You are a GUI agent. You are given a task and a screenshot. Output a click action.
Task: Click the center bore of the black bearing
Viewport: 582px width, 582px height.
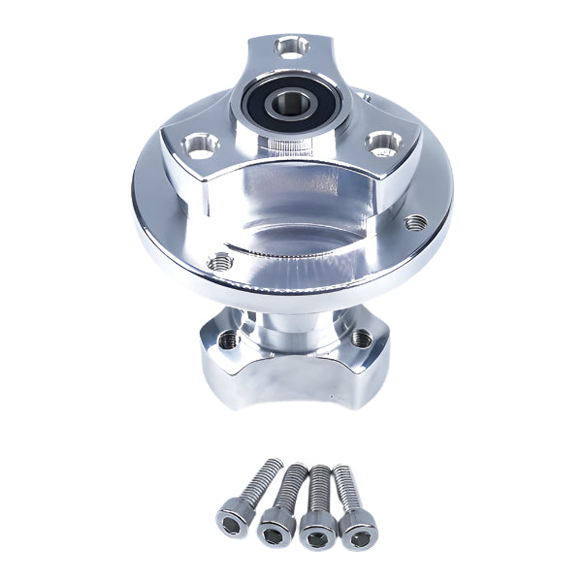click(290, 100)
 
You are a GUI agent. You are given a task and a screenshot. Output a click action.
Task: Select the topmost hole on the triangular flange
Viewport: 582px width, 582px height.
click(289, 45)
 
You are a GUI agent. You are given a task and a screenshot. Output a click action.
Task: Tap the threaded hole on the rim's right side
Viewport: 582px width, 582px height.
click(418, 220)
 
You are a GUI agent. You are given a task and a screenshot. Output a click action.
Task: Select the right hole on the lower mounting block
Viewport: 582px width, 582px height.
click(361, 338)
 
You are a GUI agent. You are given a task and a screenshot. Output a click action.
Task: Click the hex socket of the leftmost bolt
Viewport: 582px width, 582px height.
click(230, 522)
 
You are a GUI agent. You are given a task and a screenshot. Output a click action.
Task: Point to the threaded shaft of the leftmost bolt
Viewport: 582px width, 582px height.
click(258, 477)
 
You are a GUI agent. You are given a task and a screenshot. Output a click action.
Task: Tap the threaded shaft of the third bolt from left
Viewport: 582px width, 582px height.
click(319, 485)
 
